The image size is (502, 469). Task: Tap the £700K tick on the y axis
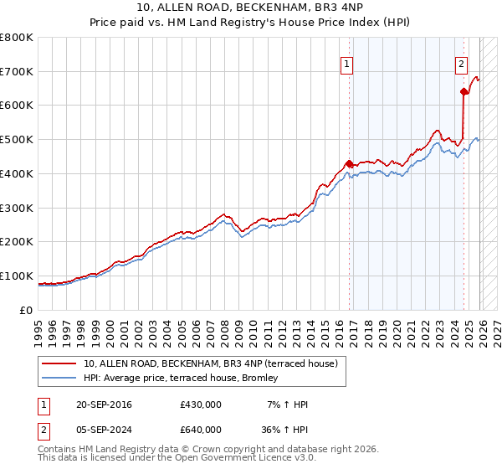click(x=17, y=71)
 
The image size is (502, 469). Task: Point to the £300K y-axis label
click(x=17, y=208)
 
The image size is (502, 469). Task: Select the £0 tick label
click(x=26, y=310)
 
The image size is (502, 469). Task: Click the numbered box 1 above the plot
click(x=346, y=62)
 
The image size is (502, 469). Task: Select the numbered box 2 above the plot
click(x=460, y=62)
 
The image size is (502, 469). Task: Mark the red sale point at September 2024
click(x=463, y=91)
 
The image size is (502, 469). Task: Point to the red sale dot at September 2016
click(x=349, y=163)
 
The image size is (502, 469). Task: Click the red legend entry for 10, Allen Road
click(x=210, y=363)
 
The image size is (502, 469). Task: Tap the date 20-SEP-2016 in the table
click(x=104, y=405)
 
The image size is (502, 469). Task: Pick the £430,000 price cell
click(x=201, y=405)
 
